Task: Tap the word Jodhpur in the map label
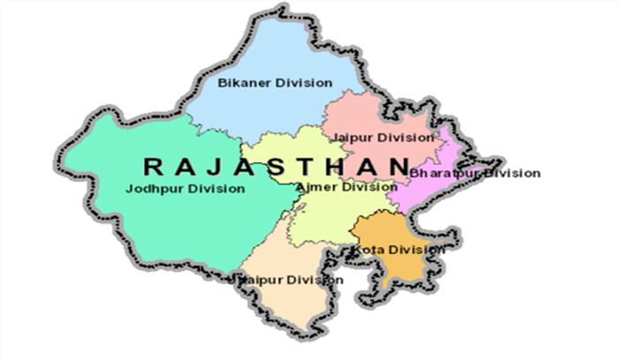151,189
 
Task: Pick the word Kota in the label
367,250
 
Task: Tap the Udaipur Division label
287,280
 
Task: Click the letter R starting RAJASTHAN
151,165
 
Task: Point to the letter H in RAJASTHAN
349,165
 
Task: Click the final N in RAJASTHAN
401,165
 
